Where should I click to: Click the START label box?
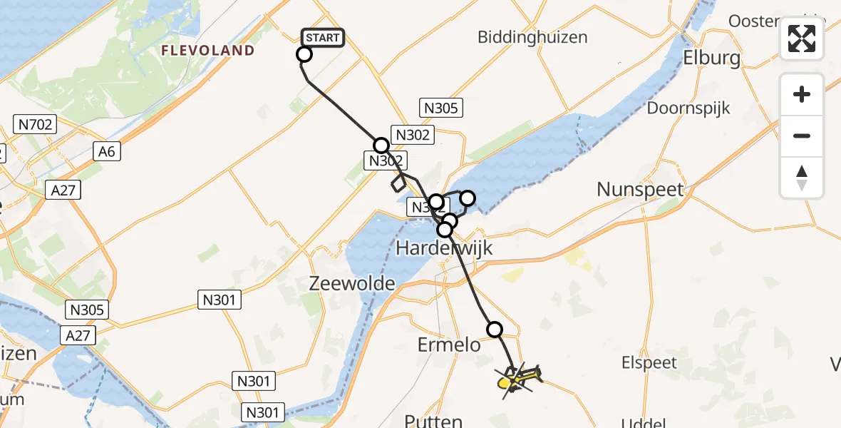324,38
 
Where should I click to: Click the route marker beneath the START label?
304,54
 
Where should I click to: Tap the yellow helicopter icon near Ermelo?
519,379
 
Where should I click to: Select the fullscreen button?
802,39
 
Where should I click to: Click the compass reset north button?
802,178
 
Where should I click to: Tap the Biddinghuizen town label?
532,36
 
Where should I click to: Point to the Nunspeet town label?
640,190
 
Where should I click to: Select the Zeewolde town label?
351,283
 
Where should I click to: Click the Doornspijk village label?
688,108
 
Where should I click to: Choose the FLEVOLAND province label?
207,51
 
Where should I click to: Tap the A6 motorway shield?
109,151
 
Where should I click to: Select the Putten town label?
434,420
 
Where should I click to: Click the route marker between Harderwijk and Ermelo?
494,329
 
